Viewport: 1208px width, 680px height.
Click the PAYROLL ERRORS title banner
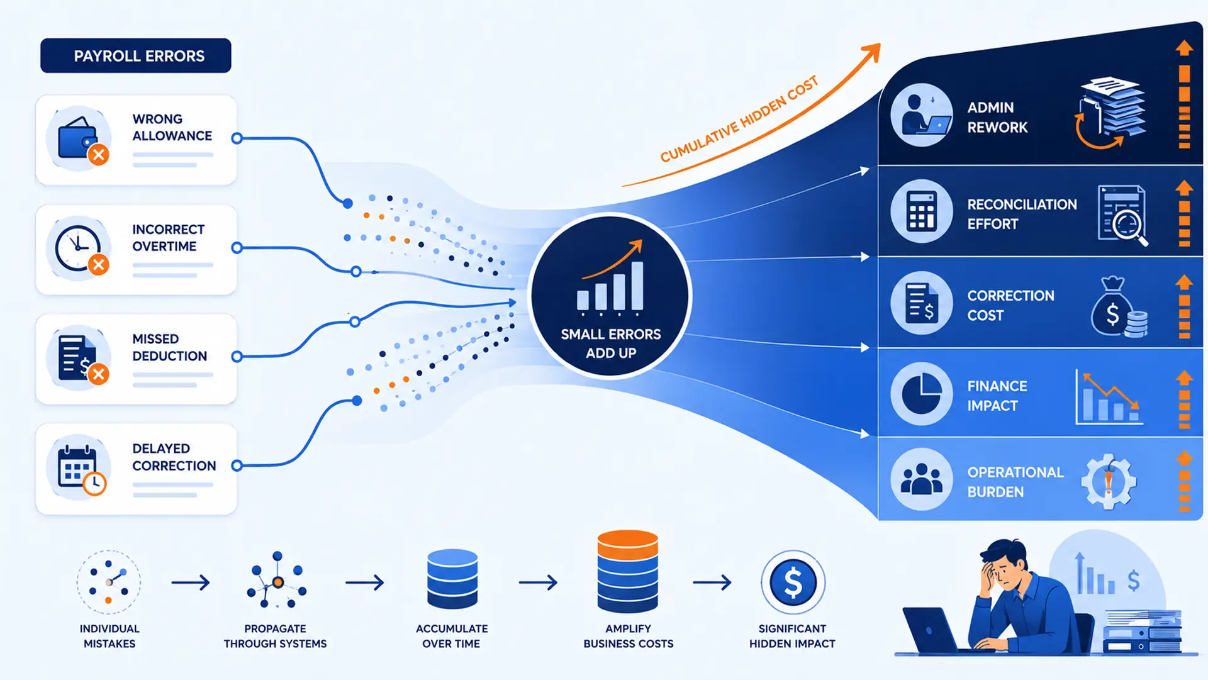[136, 55]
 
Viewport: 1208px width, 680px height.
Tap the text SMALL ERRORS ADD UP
[611, 343]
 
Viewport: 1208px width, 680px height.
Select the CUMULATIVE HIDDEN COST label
[739, 118]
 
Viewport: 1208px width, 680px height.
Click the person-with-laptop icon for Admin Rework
[922, 115]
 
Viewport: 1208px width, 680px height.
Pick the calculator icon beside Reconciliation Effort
[922, 211]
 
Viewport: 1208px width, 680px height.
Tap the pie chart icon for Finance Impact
[922, 394]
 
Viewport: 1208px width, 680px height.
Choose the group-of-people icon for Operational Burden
[922, 479]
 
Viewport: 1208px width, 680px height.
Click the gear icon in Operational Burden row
[1109, 482]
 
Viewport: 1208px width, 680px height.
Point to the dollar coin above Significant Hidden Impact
[793, 582]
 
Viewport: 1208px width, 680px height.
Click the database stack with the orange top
[627, 571]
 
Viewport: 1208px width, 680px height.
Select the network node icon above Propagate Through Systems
[277, 580]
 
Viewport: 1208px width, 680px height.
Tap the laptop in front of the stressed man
[936, 630]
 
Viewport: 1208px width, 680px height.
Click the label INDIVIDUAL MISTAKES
[109, 636]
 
